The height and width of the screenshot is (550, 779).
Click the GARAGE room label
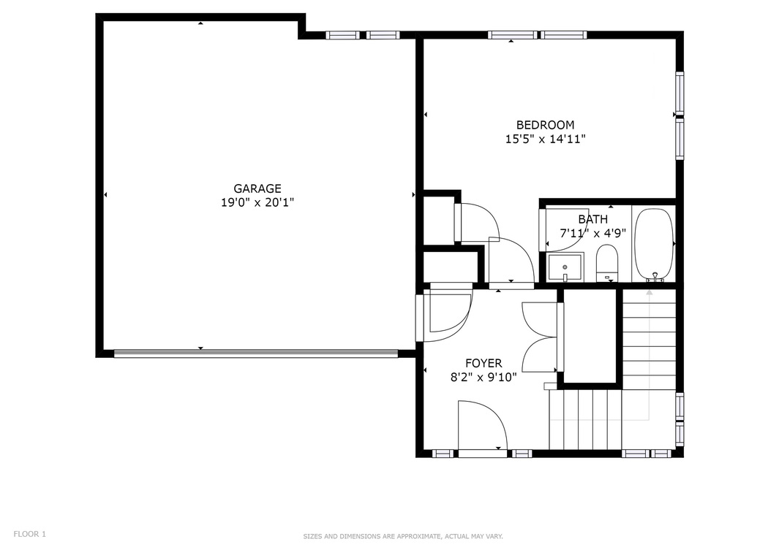(x=257, y=188)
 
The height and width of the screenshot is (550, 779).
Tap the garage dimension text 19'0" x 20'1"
(x=257, y=203)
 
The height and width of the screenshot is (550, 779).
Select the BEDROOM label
(x=545, y=125)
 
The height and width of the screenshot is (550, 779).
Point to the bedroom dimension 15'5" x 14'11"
(x=545, y=139)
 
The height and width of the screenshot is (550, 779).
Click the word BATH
(x=592, y=219)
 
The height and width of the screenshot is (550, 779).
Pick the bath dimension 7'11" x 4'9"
(x=592, y=234)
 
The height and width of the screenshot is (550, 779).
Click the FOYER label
(x=483, y=363)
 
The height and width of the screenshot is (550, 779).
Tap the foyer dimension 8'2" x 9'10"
(x=483, y=377)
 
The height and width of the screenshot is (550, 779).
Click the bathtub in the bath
(x=654, y=244)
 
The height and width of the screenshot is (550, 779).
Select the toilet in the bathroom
(x=607, y=263)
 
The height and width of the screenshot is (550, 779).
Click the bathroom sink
(x=565, y=267)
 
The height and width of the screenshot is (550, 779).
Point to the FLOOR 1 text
(x=29, y=534)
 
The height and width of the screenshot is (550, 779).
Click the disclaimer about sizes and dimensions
(x=403, y=537)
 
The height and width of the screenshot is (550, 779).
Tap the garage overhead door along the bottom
(x=256, y=354)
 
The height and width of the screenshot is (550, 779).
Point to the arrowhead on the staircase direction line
(x=648, y=292)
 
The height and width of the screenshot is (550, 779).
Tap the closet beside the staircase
(x=590, y=335)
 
